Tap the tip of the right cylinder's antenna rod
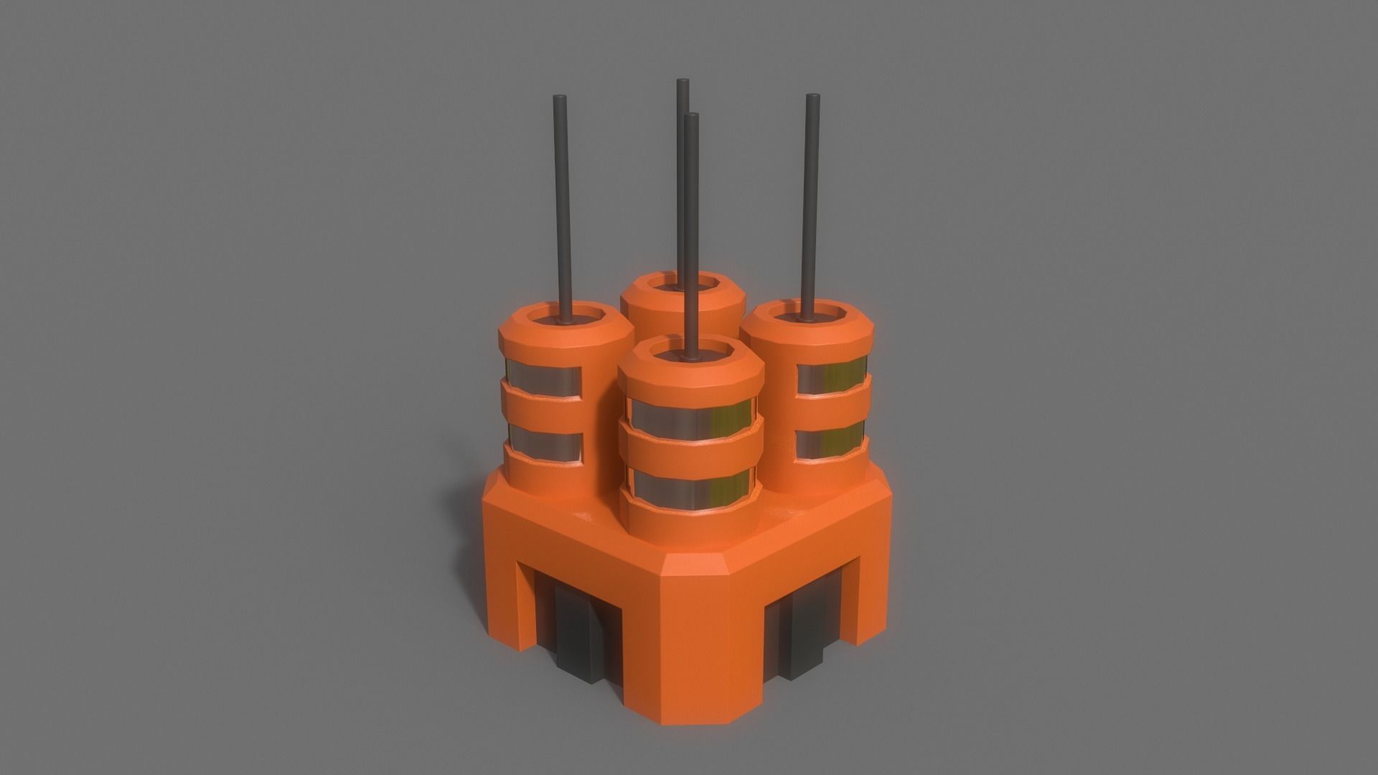pyautogui.click(x=812, y=97)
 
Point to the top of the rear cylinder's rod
pyautogui.click(x=683, y=81)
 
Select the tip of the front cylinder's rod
pyautogui.click(x=692, y=116)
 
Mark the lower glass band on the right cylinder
pyautogui.click(x=833, y=439)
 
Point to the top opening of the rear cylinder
pyautogui.click(x=682, y=286)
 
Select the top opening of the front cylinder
pyautogui.click(x=690, y=353)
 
